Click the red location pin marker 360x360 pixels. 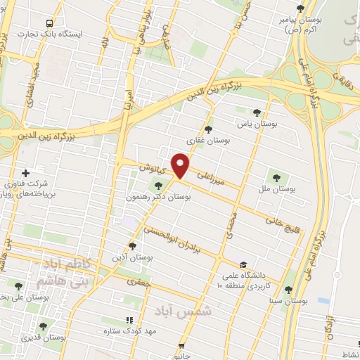(x=181, y=165)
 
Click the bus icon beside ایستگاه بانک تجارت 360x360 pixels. (x=49, y=23)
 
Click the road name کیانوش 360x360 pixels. (x=151, y=169)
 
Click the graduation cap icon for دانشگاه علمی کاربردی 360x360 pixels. (x=243, y=264)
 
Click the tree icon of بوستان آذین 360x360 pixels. (x=133, y=246)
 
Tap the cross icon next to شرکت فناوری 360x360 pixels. (x=25, y=173)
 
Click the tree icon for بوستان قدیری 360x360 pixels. (x=44, y=326)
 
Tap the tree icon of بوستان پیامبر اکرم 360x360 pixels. (x=301, y=8)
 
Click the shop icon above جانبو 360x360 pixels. (x=183, y=346)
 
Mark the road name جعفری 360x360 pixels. (x=139, y=281)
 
